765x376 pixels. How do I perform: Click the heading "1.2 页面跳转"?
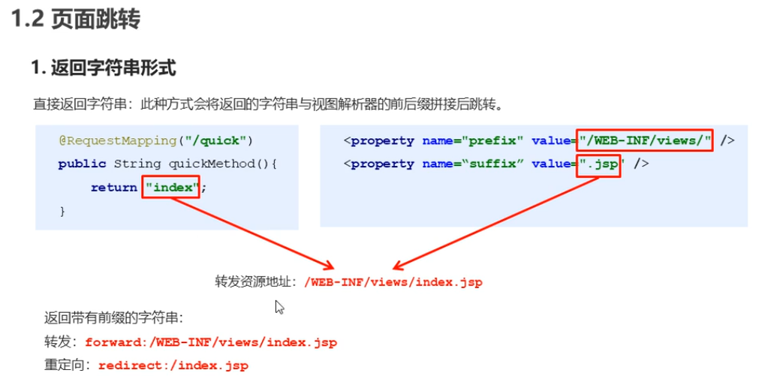click(76, 20)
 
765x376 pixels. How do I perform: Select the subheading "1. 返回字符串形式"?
click(104, 68)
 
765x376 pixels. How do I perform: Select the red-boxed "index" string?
click(172, 188)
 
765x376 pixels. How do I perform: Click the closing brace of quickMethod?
click(62, 212)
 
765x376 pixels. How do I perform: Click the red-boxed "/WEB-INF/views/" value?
click(645, 140)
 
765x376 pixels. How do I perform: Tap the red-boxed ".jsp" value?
click(599, 164)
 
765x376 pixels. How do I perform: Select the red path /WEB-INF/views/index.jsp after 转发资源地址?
click(393, 283)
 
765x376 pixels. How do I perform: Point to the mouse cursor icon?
click(280, 307)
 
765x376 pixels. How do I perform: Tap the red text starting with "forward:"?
click(210, 342)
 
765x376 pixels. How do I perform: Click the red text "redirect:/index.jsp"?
click(167, 366)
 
